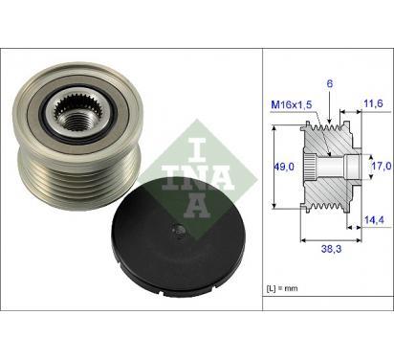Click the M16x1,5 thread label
point(291,104)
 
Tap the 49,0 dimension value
point(285,167)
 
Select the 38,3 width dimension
point(331,249)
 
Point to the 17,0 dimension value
point(382,166)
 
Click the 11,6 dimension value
point(373,103)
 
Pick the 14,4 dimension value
point(374,219)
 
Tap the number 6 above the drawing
point(330,83)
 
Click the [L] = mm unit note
point(282,288)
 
